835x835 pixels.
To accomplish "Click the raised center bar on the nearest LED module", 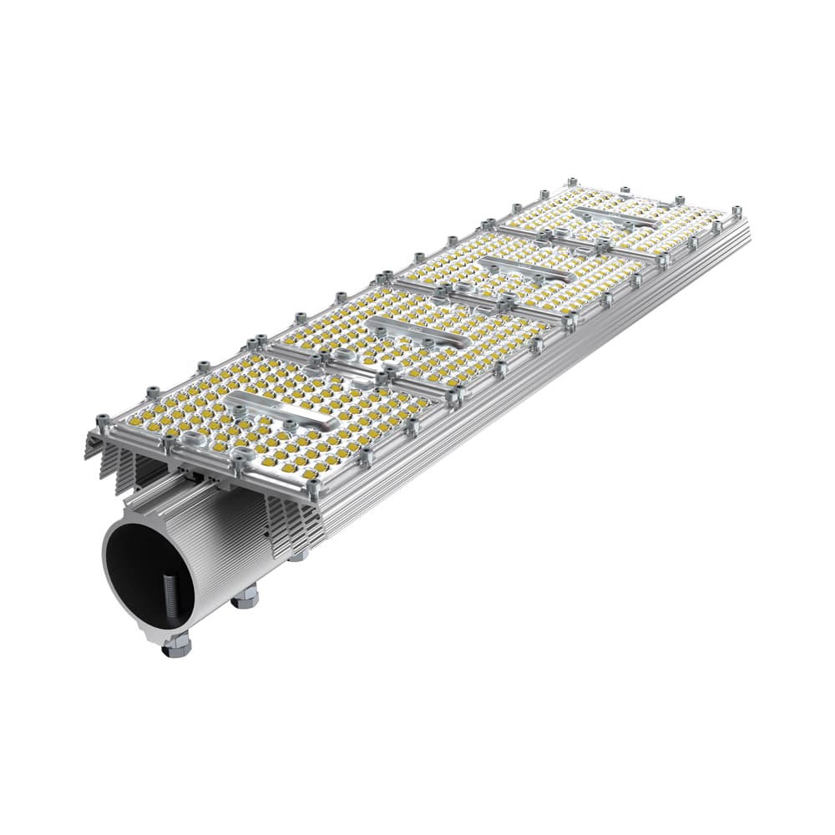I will [x=284, y=409].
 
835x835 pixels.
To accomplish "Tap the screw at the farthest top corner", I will [x=572, y=182].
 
